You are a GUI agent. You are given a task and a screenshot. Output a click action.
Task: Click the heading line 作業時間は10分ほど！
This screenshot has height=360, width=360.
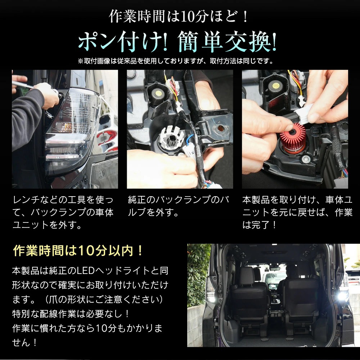pos(179,17)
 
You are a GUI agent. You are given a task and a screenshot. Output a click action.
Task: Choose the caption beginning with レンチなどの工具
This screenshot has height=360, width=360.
pos(63,212)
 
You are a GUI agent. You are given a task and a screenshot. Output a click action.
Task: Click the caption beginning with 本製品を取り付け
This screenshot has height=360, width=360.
pos(297,212)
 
